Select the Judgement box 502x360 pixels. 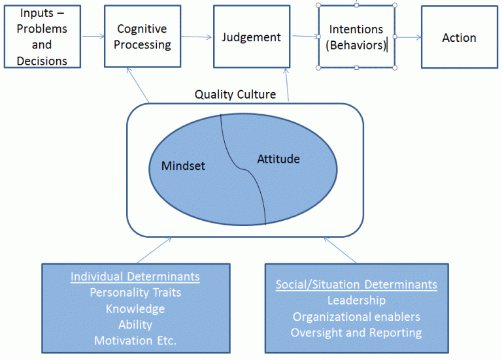tap(252, 37)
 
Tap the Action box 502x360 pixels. tap(459, 37)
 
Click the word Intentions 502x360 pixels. tap(356, 30)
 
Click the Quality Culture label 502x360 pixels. tap(235, 95)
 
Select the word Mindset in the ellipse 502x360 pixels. tap(183, 165)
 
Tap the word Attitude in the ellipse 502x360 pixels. tap(278, 159)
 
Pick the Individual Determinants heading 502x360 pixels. tap(135, 277)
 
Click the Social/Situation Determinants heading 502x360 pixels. tap(356, 285)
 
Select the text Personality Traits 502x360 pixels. tap(135, 293)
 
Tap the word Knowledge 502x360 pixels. tap(135, 309)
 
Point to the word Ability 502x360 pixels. tap(135, 325)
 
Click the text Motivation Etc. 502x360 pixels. tap(135, 340)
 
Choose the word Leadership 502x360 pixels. tap(356, 301)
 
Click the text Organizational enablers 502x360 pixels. tap(356, 317)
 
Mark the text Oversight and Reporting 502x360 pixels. tap(356, 333)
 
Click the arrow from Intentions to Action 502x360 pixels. tap(409, 37)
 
